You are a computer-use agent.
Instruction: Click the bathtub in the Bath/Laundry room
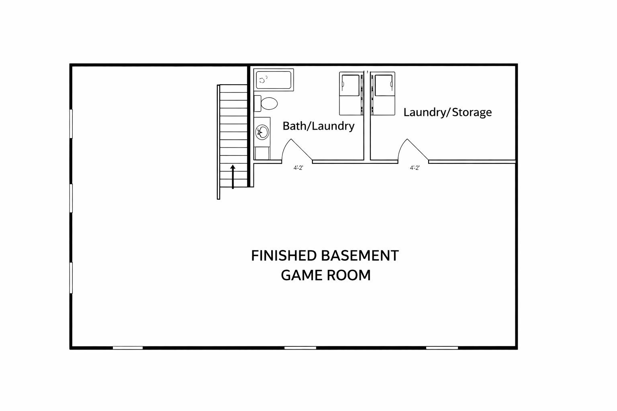[274, 80]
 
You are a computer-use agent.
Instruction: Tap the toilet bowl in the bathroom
[269, 104]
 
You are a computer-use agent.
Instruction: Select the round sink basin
[262, 132]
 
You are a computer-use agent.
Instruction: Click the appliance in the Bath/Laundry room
[351, 94]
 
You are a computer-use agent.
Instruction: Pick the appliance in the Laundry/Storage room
[383, 94]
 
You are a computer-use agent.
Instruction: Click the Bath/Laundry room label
[319, 126]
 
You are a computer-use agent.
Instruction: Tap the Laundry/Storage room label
[447, 112]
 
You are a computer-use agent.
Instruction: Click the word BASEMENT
[360, 255]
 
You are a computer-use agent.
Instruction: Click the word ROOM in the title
[349, 275]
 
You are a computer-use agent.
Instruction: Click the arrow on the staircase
[233, 177]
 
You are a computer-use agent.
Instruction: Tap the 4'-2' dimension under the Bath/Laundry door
[298, 168]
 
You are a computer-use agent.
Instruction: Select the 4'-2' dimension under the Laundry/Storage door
[415, 168]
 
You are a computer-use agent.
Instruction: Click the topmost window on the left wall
[71, 124]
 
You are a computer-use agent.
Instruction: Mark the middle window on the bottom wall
[300, 348]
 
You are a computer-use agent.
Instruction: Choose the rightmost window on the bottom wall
[442, 348]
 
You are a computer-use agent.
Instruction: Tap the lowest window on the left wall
[71, 278]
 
